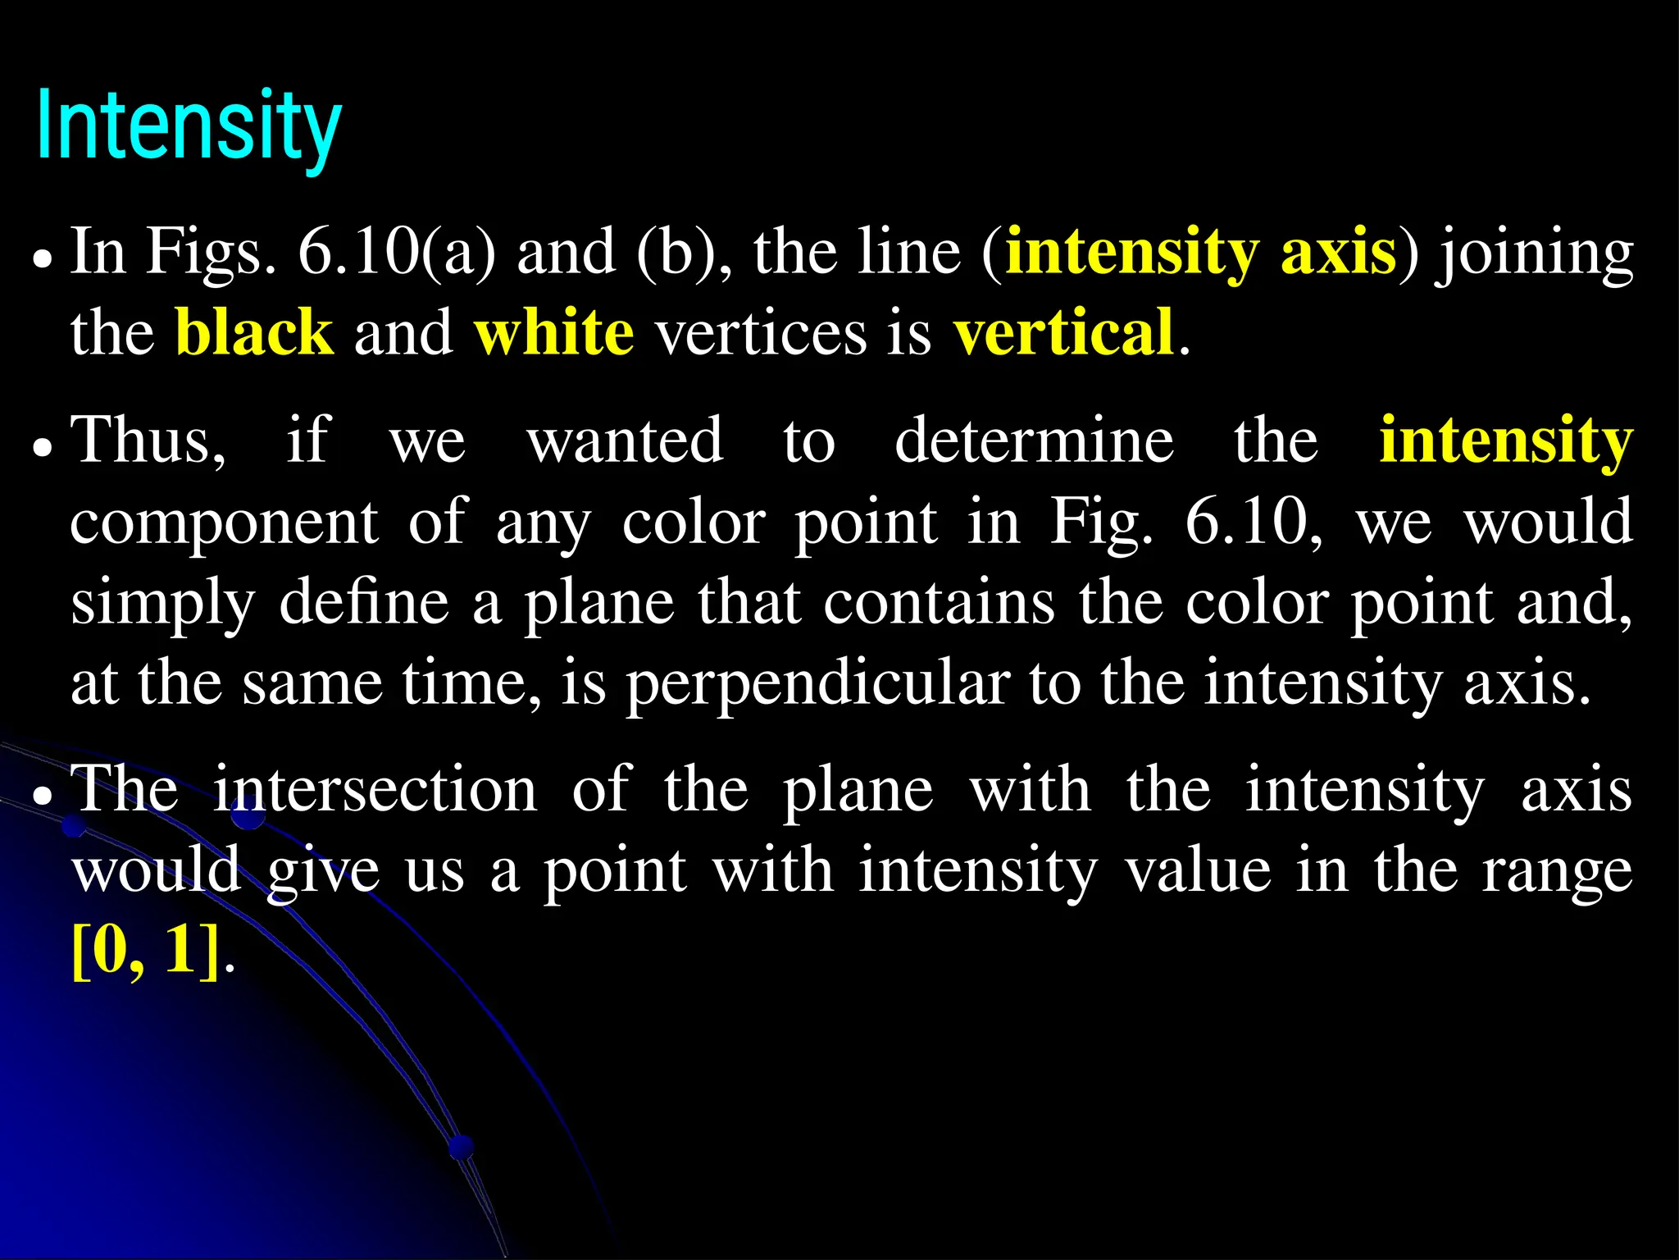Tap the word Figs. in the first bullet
coord(211,253)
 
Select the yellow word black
coord(254,333)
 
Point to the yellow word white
coord(554,333)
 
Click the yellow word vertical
coord(1063,333)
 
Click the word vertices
coord(761,333)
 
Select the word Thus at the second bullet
coord(148,441)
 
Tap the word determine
coord(1034,441)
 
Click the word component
coord(224,523)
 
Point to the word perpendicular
coord(817,684)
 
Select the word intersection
coord(375,789)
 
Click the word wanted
coord(625,441)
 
